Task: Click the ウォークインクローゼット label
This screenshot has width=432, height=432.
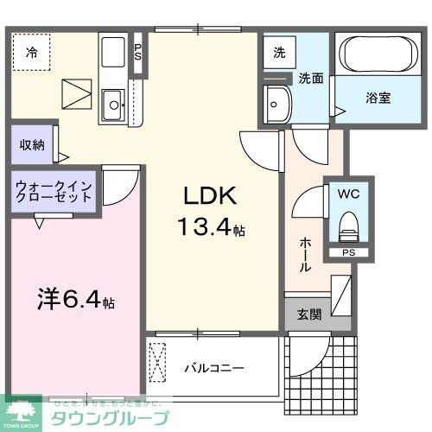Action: point(54,191)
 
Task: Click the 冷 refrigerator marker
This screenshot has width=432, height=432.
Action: point(32,53)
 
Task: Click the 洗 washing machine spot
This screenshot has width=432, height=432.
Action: point(279,52)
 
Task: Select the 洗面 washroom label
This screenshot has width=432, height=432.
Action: point(311,77)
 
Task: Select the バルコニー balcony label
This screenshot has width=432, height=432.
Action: point(213,367)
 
